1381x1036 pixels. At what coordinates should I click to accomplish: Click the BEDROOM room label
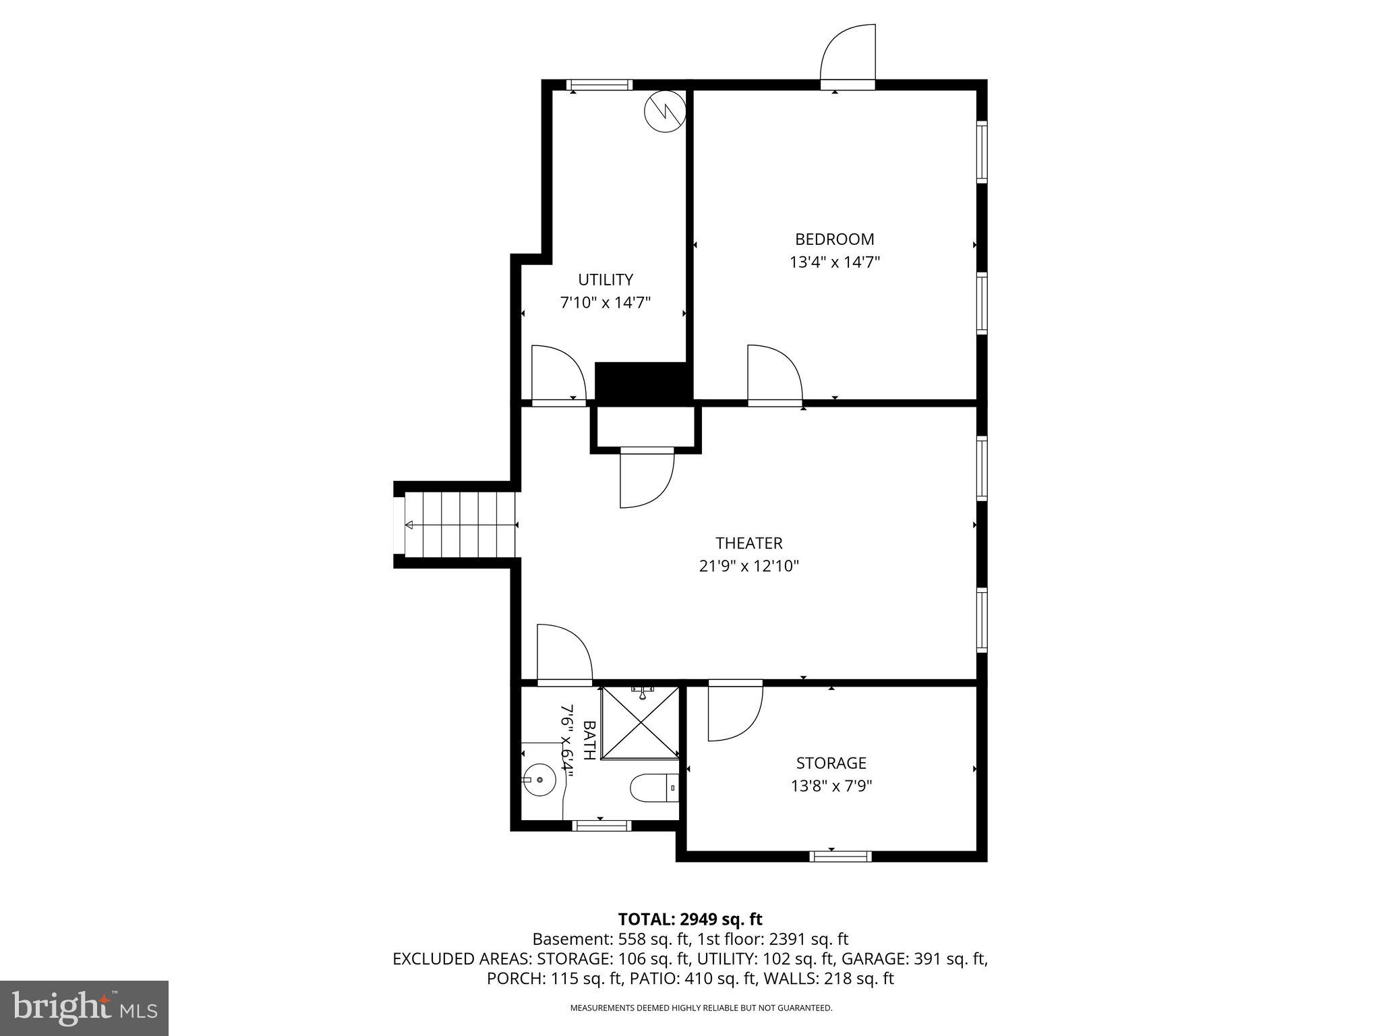(x=834, y=239)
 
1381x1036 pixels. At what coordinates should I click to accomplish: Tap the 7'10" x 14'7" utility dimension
(x=605, y=302)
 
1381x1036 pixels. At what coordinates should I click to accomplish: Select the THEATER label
(x=748, y=543)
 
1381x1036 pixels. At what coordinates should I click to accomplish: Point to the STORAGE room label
(x=831, y=763)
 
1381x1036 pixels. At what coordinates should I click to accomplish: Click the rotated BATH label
(x=589, y=740)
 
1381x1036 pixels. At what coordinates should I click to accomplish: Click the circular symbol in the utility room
(x=664, y=111)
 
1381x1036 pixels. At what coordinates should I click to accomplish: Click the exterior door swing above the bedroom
(x=848, y=54)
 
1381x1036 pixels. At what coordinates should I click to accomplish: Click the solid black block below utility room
(x=643, y=382)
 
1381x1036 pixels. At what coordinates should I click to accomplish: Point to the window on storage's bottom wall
(x=840, y=857)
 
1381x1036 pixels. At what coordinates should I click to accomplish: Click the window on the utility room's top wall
(x=599, y=85)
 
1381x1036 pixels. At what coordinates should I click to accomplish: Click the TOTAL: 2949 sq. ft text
(x=690, y=919)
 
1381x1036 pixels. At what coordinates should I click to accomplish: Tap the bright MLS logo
(x=84, y=1008)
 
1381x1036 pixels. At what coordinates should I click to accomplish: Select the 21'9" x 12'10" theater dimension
(x=748, y=566)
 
